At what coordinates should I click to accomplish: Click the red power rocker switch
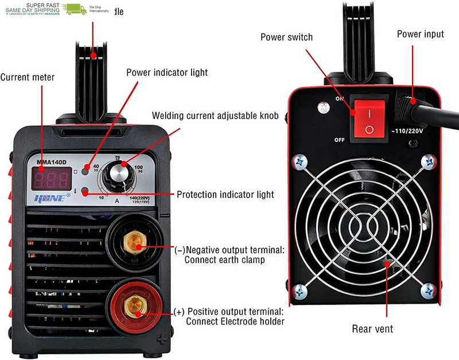(369, 119)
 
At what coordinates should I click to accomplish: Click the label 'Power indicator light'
(167, 72)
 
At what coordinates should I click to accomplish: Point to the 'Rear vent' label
(372, 329)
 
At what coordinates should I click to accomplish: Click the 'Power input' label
(420, 34)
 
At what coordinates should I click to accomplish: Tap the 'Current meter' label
(28, 77)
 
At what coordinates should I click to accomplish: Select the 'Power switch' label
(286, 37)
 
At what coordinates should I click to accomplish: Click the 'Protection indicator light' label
(225, 195)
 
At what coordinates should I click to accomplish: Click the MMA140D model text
(52, 161)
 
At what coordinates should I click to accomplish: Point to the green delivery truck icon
(75, 9)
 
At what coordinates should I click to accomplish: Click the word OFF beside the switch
(340, 140)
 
